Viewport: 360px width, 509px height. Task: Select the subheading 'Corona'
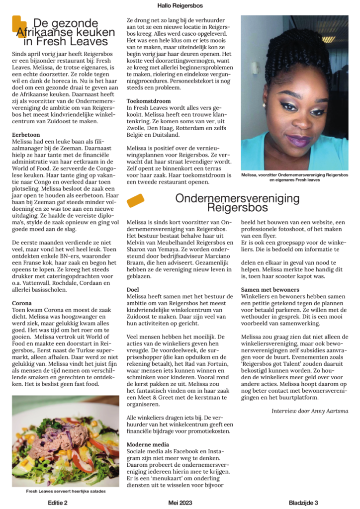pos(22,303)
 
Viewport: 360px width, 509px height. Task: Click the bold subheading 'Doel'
pos(133,289)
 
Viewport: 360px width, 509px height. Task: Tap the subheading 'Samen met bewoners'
pos(270,289)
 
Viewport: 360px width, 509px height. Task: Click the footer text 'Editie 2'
pos(58,502)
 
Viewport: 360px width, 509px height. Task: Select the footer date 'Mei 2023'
pos(180,502)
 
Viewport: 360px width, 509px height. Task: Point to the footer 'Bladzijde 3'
pos(304,502)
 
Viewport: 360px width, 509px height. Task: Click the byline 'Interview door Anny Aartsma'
pos(309,411)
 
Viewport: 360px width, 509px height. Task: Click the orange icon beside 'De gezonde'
pos(19,25)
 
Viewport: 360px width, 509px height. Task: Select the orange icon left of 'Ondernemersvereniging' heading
pos(135,200)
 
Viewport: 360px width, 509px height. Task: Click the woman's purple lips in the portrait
pos(298,141)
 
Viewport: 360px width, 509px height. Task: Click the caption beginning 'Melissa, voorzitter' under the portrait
pos(294,178)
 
